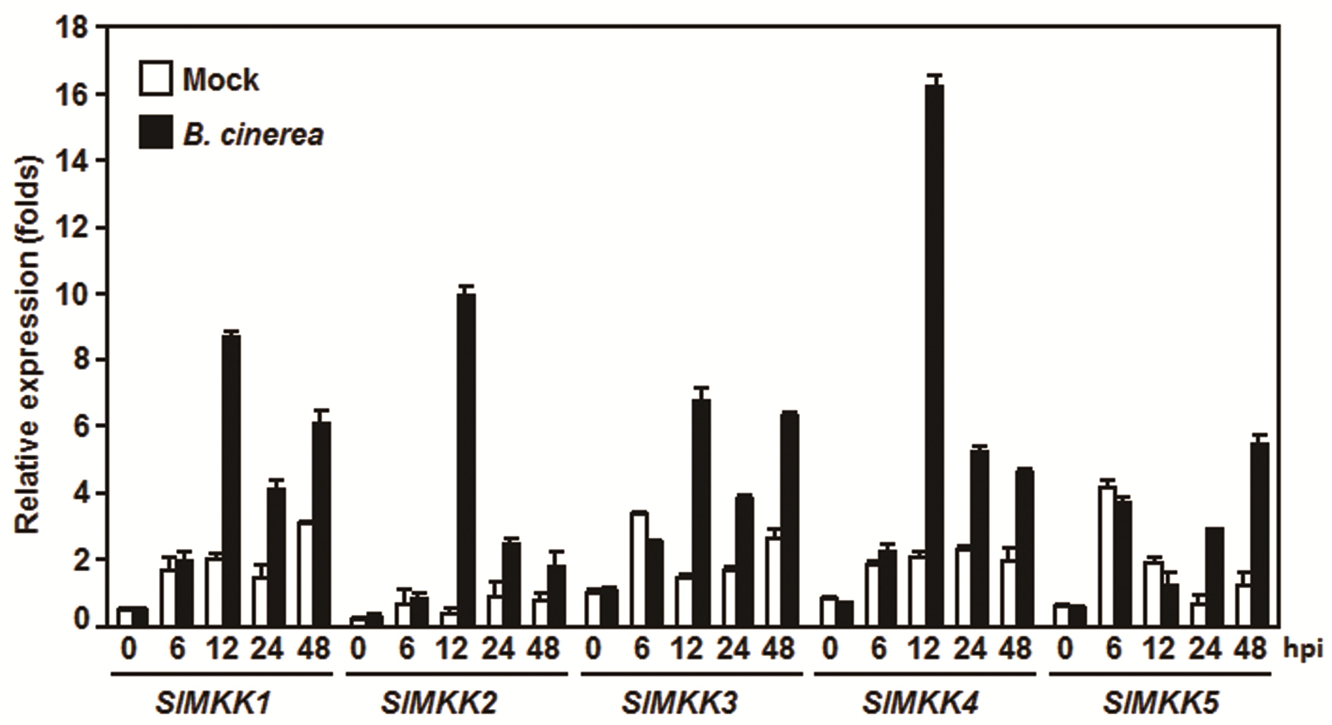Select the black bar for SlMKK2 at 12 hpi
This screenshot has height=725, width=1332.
click(x=467, y=460)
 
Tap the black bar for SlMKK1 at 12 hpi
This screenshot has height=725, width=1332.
click(x=231, y=481)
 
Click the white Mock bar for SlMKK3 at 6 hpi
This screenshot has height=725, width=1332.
click(x=639, y=569)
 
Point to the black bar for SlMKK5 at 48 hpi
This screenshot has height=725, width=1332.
click(x=1259, y=535)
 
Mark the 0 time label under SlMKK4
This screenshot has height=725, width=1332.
click(x=830, y=649)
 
